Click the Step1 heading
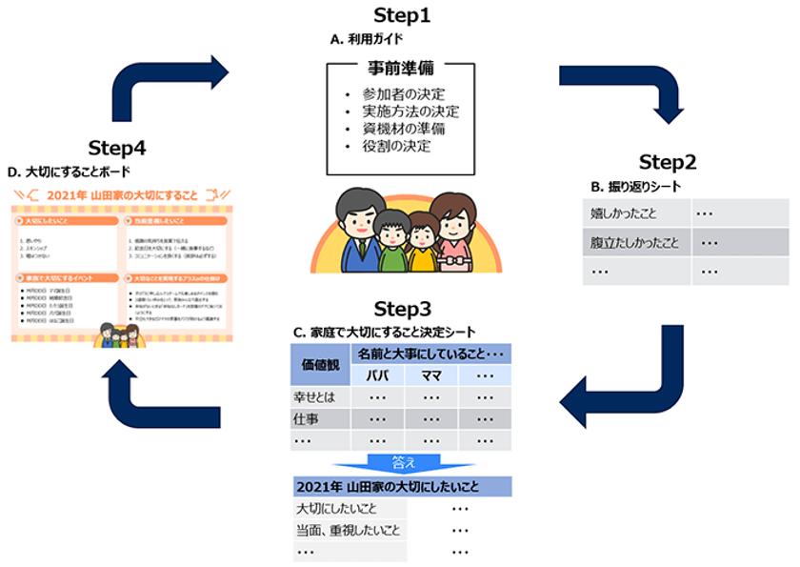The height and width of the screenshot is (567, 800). point(401,16)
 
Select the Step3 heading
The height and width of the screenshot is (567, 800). point(401,310)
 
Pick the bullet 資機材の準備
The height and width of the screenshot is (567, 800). point(397,129)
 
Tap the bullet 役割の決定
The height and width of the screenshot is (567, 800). point(390,146)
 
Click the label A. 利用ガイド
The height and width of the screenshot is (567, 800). point(366,40)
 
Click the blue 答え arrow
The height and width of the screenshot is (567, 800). point(403,462)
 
